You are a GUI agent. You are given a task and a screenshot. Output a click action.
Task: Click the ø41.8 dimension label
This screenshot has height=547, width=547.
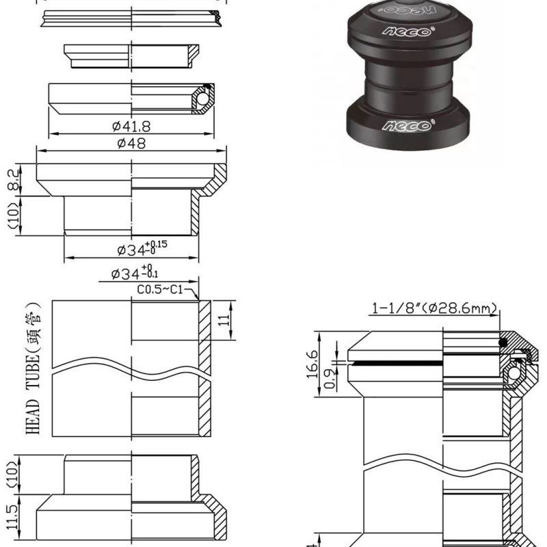tap(132, 126)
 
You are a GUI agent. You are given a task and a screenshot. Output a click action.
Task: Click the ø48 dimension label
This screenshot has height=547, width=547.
tap(131, 143)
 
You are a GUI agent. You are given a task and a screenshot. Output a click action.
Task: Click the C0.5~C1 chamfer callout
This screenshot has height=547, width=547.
tap(159, 290)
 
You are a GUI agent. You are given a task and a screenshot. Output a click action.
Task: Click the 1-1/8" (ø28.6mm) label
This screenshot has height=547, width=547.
tap(433, 309)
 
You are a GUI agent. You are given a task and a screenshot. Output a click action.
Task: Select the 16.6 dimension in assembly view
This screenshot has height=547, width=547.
tap(312, 363)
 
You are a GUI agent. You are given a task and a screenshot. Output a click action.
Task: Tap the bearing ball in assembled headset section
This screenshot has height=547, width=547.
tap(512, 374)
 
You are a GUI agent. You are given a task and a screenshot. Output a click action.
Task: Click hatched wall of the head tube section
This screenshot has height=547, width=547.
tap(204, 369)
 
